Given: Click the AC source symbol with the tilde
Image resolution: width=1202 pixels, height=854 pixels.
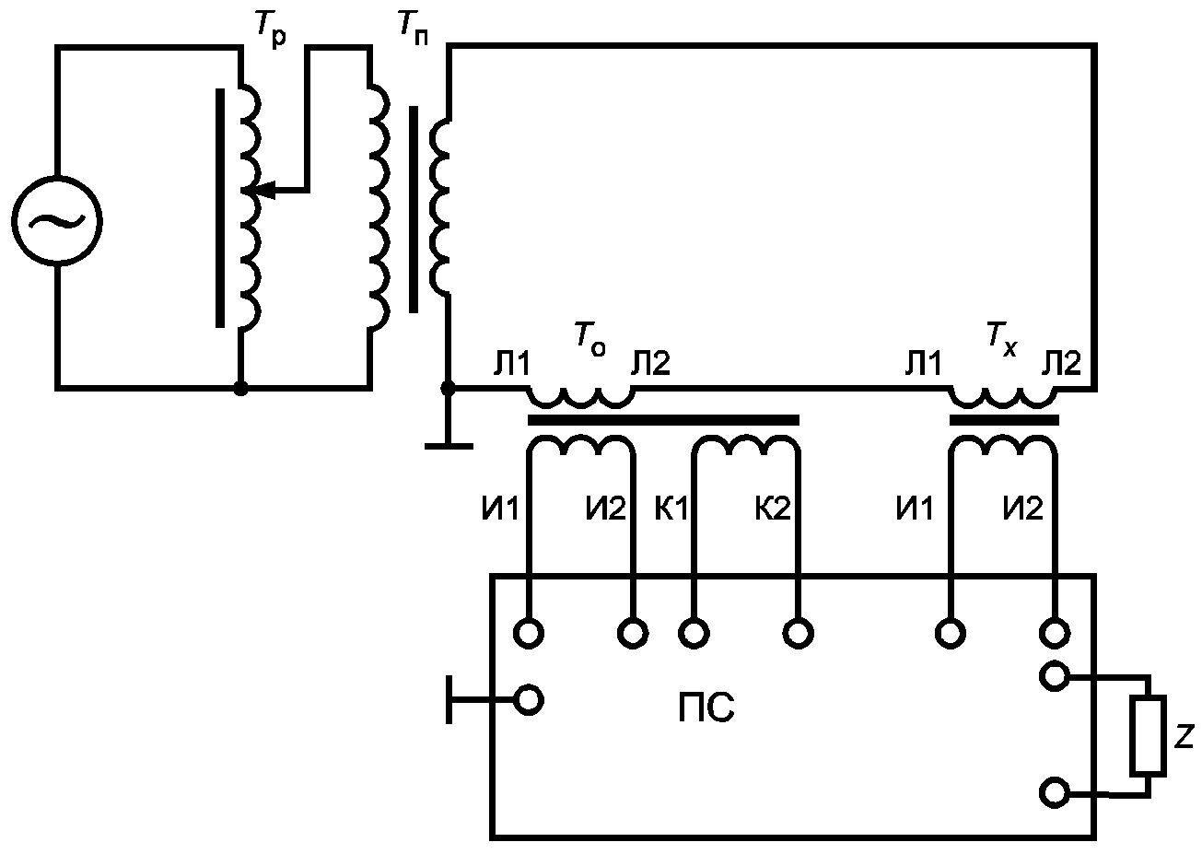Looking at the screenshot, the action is [x=57, y=220].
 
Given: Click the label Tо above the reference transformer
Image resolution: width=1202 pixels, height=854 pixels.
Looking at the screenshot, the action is [x=589, y=339].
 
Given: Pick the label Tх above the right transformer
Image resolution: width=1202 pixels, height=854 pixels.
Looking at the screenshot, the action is [x=1001, y=340].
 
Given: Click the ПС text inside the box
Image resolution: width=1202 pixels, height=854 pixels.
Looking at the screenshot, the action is [x=706, y=708].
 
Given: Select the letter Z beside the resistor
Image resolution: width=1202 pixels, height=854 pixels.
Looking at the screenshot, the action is [x=1184, y=736].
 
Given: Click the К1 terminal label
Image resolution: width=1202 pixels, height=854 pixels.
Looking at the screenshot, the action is [x=671, y=508].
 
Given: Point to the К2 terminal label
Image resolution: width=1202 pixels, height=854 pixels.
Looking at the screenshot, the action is [x=773, y=508].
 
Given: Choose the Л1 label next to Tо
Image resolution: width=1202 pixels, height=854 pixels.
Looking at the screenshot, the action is [x=511, y=363].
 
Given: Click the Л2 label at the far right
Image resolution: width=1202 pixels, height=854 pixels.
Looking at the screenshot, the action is [x=1061, y=363].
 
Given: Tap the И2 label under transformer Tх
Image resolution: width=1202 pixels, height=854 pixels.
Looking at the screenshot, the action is [x=1022, y=508].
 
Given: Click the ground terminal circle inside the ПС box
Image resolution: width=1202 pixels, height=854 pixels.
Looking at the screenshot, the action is [x=528, y=700].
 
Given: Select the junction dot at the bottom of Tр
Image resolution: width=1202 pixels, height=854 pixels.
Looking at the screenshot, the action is [x=241, y=388].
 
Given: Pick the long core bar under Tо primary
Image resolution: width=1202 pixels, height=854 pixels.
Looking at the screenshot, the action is [x=663, y=420].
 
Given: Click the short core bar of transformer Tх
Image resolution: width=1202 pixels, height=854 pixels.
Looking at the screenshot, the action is [x=1004, y=420].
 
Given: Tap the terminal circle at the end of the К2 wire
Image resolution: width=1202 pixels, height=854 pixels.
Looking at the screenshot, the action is [x=799, y=634].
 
